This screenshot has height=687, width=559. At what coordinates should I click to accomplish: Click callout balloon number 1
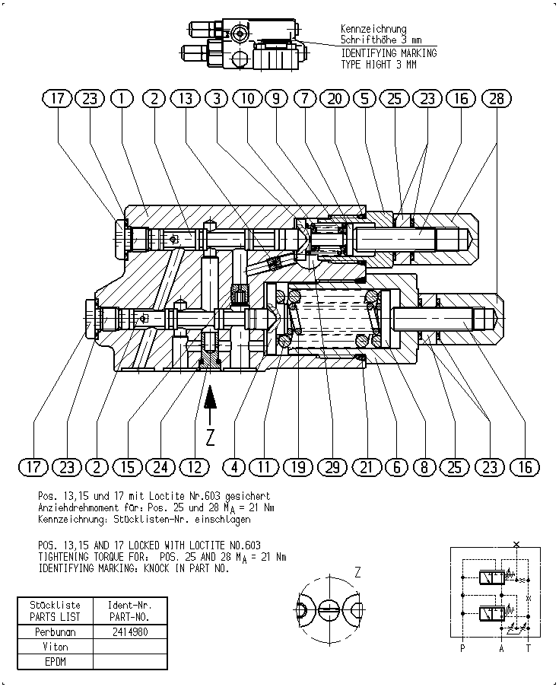pyautogui.click(x=122, y=99)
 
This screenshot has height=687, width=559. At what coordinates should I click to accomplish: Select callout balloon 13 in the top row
pyautogui.click(x=186, y=99)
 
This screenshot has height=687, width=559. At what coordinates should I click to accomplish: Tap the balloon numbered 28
pyautogui.click(x=497, y=99)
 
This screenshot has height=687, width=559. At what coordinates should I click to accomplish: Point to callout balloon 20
pyautogui.click(x=335, y=99)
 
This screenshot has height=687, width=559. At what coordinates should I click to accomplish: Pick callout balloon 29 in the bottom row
pyautogui.click(x=332, y=467)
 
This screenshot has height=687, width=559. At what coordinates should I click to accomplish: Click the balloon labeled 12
pyautogui.click(x=195, y=467)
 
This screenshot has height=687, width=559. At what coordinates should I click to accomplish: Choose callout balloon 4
pyautogui.click(x=235, y=467)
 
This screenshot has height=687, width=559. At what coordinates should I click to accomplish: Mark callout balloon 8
pyautogui.click(x=424, y=467)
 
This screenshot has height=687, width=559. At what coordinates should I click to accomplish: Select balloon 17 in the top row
pyautogui.click(x=57, y=99)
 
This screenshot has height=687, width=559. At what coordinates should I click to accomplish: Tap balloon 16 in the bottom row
pyautogui.click(x=525, y=467)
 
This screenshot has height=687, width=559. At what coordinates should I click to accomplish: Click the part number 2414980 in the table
pyautogui.click(x=130, y=631)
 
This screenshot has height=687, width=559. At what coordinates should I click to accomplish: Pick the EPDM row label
pyautogui.click(x=56, y=662)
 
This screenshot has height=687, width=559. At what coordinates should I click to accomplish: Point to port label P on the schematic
pyautogui.click(x=462, y=648)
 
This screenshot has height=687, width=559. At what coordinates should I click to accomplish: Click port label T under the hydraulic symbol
pyautogui.click(x=529, y=648)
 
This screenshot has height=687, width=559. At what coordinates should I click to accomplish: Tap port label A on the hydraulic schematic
pyautogui.click(x=502, y=648)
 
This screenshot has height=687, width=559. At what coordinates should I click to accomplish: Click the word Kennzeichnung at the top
pyautogui.click(x=373, y=29)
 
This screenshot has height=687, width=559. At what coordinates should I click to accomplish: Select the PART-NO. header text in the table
pyautogui.click(x=130, y=617)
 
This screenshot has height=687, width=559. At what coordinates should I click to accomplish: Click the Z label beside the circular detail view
pyautogui.click(x=358, y=572)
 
